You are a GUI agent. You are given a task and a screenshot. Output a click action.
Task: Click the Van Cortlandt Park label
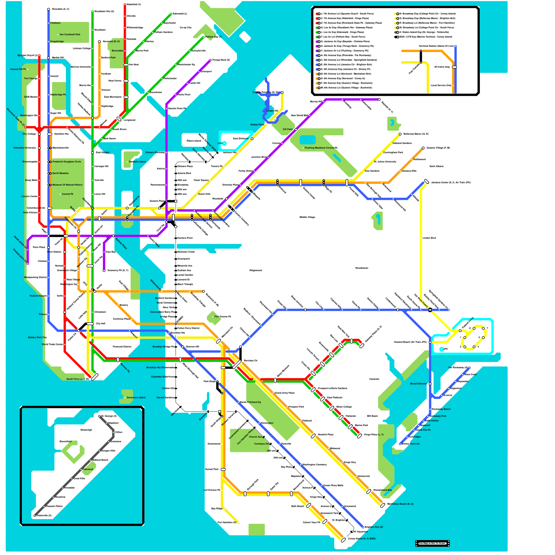70,34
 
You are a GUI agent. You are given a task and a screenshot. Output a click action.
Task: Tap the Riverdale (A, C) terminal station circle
49,9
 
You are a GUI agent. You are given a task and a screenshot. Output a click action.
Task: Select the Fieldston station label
55,23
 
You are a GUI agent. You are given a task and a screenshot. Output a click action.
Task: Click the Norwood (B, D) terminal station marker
100,42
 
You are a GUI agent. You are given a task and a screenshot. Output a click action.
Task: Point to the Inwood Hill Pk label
18,69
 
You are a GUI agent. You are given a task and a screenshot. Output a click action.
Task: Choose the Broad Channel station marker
430,384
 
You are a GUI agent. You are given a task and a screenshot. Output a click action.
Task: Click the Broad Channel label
418,384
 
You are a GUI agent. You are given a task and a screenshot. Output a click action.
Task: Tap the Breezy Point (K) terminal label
411,444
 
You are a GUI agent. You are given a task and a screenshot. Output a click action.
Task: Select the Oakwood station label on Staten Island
88,469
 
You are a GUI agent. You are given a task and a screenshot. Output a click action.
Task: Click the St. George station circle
100,416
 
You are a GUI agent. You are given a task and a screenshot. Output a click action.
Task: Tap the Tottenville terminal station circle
35,516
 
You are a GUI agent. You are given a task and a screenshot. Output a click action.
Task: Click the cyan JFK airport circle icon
442,349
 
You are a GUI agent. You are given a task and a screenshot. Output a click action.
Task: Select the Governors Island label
136,398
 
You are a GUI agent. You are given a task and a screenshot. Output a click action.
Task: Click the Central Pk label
67,194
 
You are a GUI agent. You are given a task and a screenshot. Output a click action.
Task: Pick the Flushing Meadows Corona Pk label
321,148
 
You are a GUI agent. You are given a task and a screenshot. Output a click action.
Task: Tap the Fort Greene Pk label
223,316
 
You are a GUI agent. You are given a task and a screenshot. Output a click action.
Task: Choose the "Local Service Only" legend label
441,85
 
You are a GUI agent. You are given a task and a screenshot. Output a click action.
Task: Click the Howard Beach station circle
430,342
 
